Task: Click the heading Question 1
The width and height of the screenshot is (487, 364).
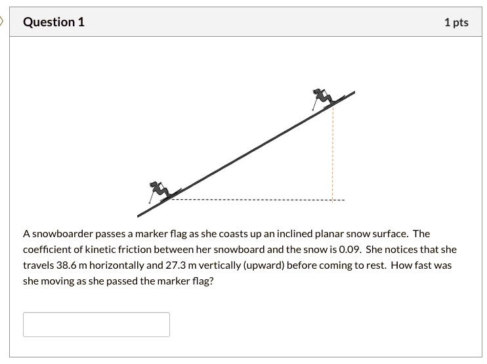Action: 54,22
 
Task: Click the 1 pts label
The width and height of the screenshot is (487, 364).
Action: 456,22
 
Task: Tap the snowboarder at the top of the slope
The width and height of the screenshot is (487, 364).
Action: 322,98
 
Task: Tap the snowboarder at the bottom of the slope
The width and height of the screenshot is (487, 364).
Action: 158,191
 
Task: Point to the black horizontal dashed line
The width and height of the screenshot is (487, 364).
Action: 256,200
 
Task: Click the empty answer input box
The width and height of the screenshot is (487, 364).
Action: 96,325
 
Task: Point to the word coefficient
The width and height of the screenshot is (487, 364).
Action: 48,250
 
